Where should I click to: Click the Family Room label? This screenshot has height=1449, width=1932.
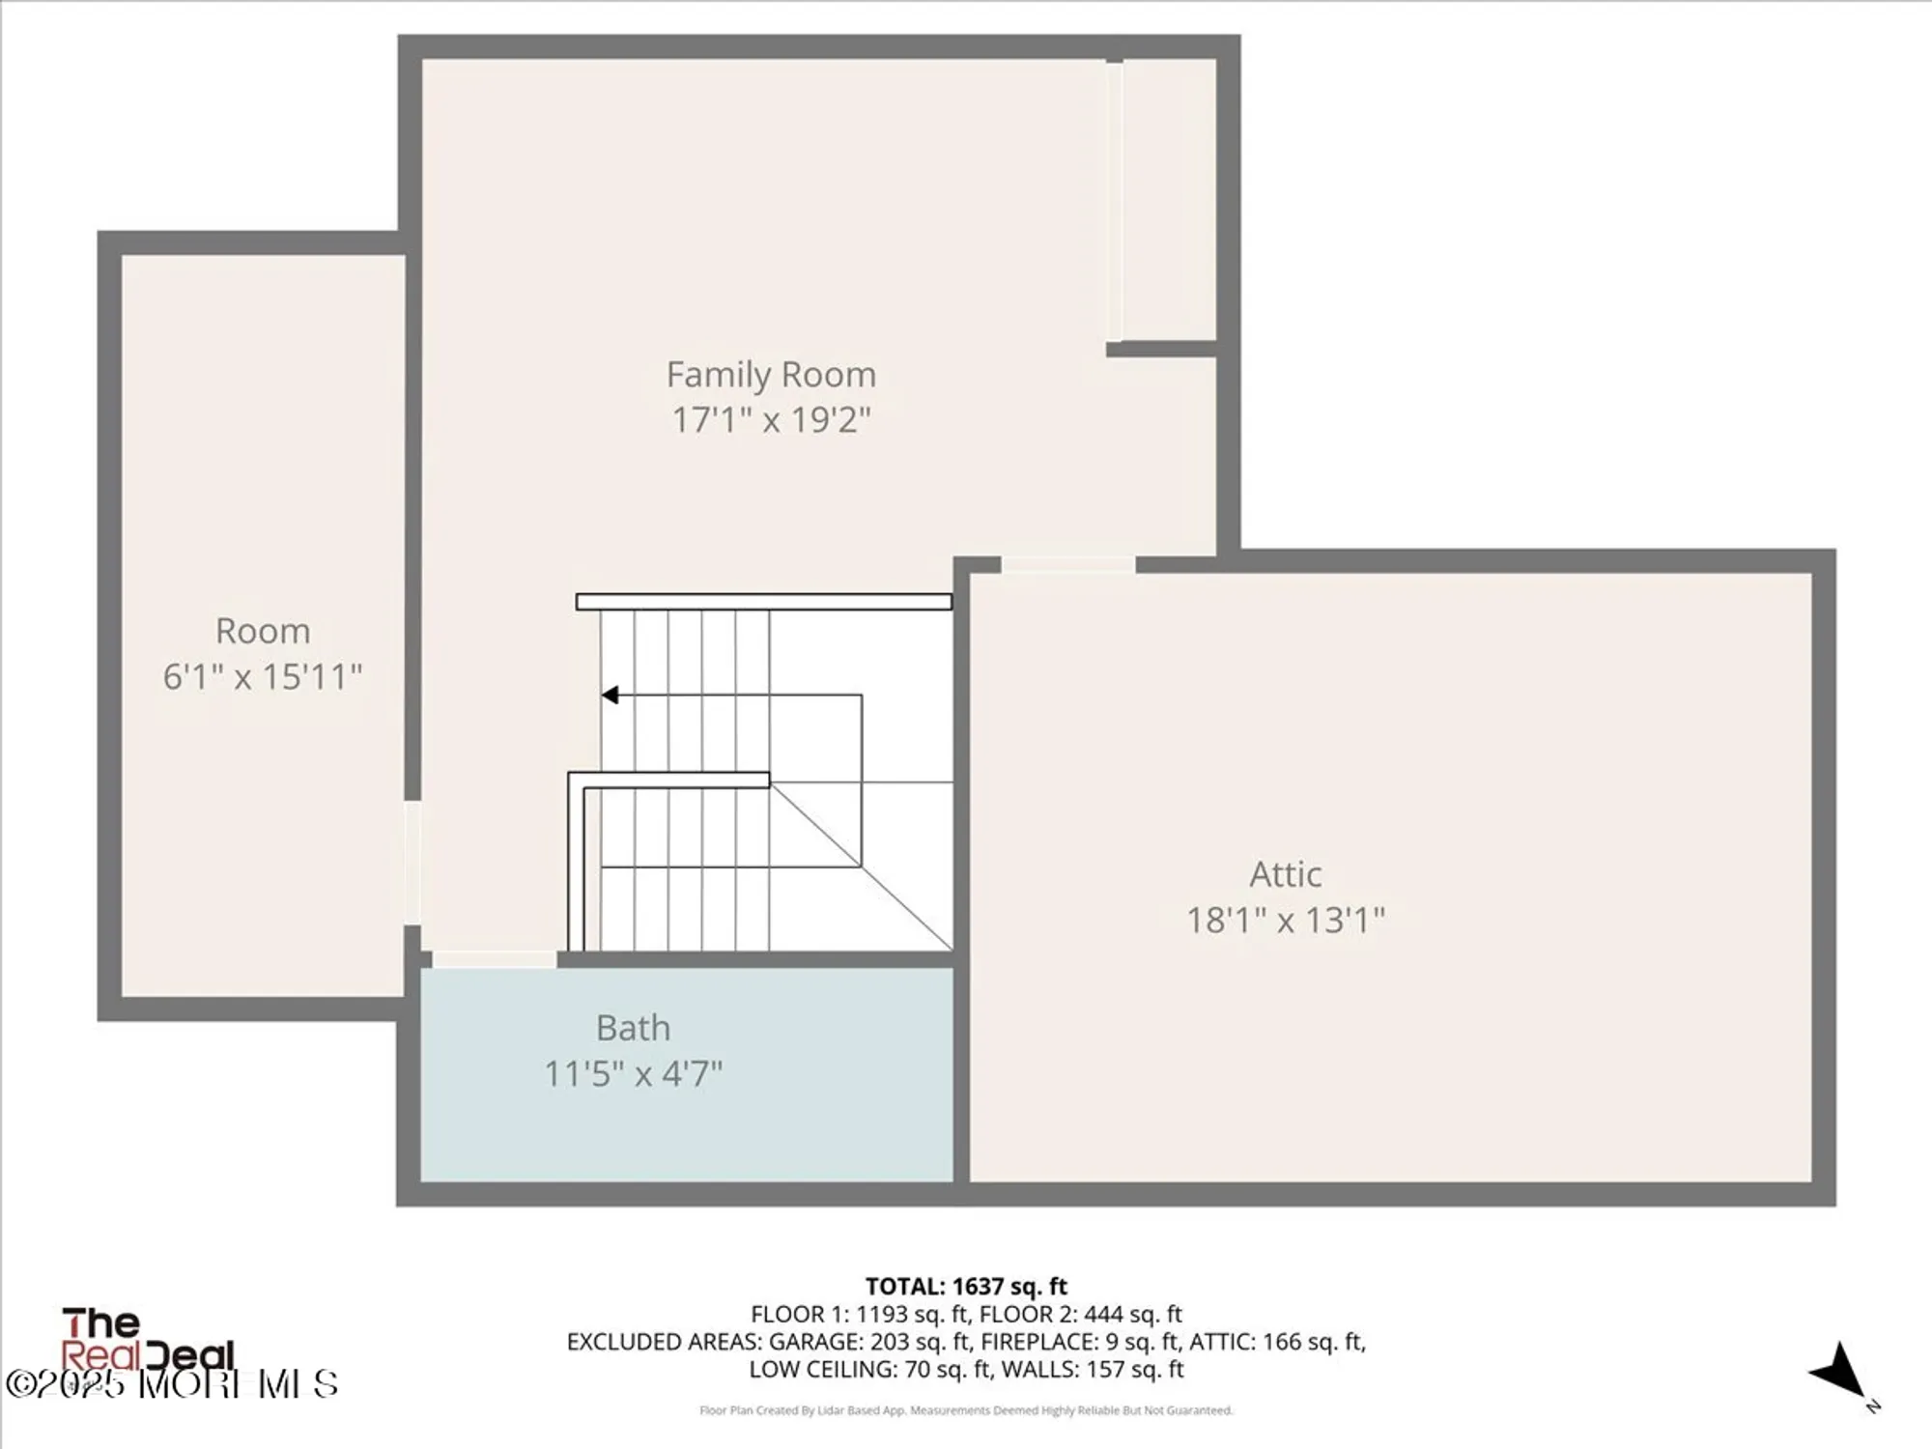click(771, 374)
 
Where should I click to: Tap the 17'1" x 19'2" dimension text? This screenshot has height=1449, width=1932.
click(771, 420)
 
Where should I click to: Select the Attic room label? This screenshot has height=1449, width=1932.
click(1285, 874)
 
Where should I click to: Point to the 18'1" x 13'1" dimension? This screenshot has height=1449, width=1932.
click(1285, 920)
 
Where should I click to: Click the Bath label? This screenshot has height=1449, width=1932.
click(633, 1028)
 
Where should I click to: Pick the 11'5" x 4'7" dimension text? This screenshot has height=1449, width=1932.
click(633, 1073)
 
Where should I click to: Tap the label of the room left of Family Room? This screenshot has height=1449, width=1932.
click(262, 631)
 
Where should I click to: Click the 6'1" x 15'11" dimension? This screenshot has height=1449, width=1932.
click(262, 676)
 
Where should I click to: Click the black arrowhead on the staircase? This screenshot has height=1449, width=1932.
click(610, 695)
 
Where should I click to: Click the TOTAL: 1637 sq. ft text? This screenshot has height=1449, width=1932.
click(966, 1287)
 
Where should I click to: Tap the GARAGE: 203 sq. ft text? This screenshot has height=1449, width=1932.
click(868, 1342)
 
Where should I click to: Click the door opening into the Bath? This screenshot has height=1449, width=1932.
click(494, 958)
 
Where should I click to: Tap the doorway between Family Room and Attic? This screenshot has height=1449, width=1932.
click(1067, 564)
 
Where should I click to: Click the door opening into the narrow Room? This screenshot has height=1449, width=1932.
click(412, 863)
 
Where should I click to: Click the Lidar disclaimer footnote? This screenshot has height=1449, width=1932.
click(966, 1410)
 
